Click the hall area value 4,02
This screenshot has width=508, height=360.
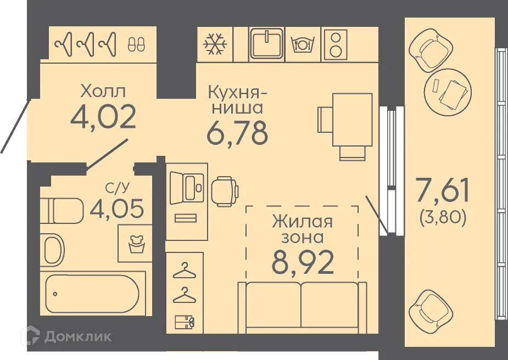click(103, 117)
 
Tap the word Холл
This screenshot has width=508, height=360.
click(103, 89)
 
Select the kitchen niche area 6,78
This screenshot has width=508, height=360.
click(237, 132)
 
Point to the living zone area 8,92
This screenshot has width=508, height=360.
click(303, 263)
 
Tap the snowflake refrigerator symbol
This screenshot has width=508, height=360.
click(215, 44)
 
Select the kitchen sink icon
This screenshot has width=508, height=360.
click(266, 43)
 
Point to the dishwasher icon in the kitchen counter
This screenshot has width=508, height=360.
click(302, 44)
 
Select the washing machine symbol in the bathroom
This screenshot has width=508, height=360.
click(133, 244)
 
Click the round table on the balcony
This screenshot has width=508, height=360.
click(448, 93)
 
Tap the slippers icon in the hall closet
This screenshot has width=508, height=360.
click(136, 44)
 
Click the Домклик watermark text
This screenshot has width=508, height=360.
click(77, 336)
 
